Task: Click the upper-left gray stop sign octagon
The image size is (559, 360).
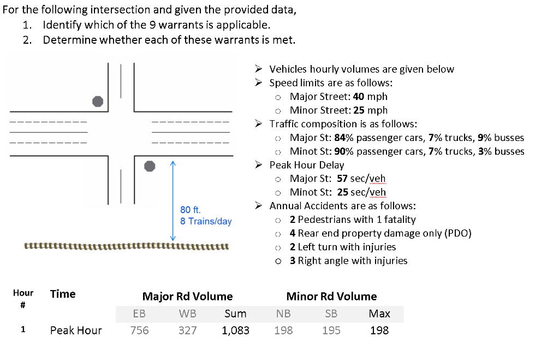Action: tap(98, 101)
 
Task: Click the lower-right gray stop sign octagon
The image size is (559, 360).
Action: tap(150, 166)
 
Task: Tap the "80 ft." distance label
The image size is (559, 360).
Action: tap(191, 210)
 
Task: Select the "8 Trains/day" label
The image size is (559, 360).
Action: tap(206, 221)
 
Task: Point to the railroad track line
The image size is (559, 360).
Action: tap(126, 246)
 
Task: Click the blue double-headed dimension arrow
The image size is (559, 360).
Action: tap(173, 200)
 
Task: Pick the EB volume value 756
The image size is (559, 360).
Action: tap(139, 330)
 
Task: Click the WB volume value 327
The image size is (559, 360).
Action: tap(187, 330)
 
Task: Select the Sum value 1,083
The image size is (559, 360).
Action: tap(235, 330)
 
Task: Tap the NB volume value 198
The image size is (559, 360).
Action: tap(283, 330)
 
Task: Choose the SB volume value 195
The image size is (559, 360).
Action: tap(331, 330)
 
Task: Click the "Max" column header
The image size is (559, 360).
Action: tap(379, 314)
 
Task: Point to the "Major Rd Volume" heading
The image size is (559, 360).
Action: tap(187, 297)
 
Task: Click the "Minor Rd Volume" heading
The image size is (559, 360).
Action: tap(331, 297)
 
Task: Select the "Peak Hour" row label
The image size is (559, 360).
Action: tap(76, 330)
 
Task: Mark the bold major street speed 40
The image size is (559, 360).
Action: tap(360, 96)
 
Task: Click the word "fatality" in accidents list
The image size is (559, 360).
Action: tap(399, 220)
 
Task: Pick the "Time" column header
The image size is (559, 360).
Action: tap(63, 294)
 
